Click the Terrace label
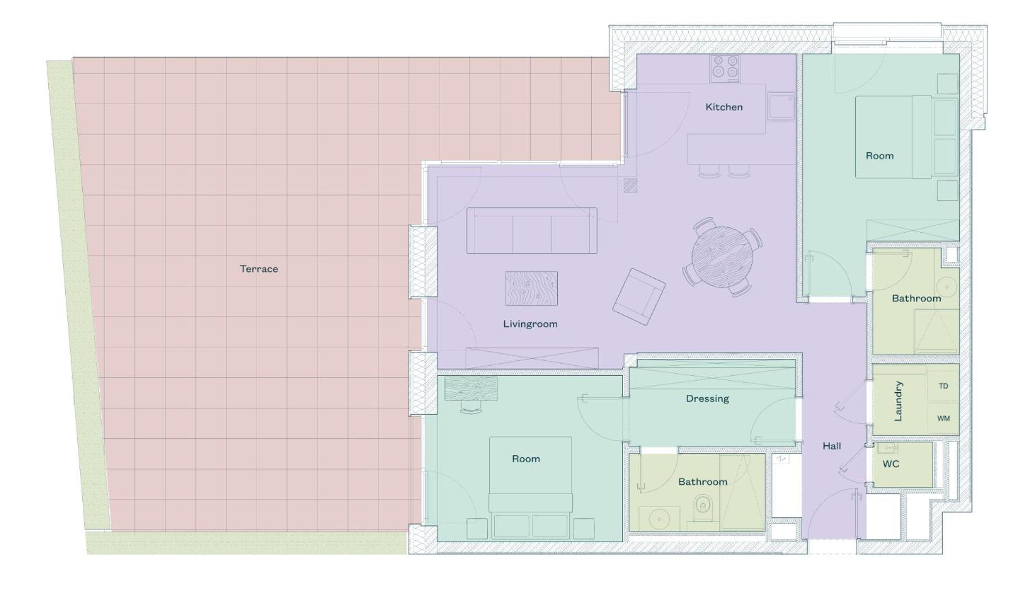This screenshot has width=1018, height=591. (259, 269)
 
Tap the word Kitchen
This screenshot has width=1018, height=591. (724, 107)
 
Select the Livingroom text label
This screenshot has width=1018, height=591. (530, 324)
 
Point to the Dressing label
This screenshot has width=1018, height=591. (707, 399)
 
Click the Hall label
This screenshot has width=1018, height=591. (831, 446)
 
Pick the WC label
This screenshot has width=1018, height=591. (891, 464)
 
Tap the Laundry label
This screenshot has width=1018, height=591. (898, 401)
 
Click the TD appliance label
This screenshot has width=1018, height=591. (943, 386)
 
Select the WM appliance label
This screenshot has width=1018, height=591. (943, 418)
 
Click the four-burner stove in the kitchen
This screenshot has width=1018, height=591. (725, 69)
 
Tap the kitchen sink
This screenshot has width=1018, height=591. (780, 107)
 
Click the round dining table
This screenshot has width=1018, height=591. (722, 257)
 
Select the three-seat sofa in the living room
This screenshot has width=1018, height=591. (532, 231)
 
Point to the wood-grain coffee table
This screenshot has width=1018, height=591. (531, 289)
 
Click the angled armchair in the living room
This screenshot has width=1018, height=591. (639, 297)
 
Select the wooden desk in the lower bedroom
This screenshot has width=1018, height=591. (471, 389)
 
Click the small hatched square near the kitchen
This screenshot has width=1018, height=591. (630, 186)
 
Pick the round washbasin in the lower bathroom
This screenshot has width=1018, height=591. (660, 519)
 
